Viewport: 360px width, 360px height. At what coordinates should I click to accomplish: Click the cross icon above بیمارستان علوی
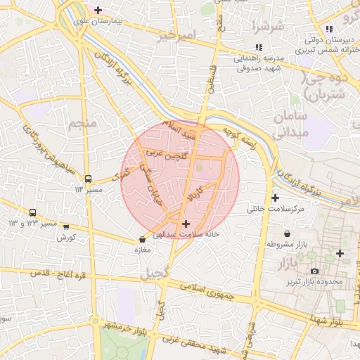[x=98, y=11]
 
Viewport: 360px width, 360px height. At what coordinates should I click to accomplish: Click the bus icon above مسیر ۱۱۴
[x=88, y=179]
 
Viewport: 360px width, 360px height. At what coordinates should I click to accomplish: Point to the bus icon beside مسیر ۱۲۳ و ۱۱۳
[x=33, y=212]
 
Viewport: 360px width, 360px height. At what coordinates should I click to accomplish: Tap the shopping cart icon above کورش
[x=66, y=227]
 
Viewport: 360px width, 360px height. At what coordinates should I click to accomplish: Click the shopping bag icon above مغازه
[x=142, y=239]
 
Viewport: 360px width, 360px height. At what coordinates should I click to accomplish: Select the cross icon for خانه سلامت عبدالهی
[x=186, y=223]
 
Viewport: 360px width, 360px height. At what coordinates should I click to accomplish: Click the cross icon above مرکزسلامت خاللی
[x=275, y=198]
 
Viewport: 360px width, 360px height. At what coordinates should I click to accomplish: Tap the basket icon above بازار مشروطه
[x=286, y=233]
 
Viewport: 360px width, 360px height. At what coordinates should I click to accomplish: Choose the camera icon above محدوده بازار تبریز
[x=314, y=271]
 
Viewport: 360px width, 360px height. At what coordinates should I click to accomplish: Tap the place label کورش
[x=66, y=238]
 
